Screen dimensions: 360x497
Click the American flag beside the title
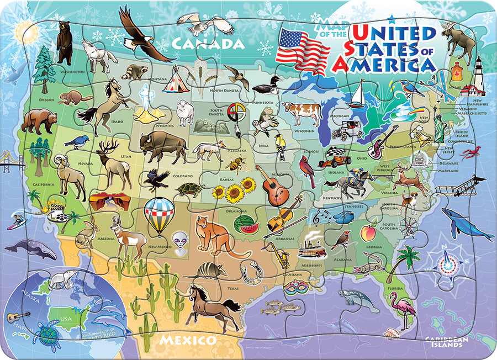(x=302, y=50)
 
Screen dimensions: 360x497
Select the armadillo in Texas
(x=205, y=271)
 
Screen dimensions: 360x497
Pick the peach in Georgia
(x=368, y=232)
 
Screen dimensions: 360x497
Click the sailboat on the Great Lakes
(x=358, y=94)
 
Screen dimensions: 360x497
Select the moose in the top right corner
(x=459, y=41)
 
